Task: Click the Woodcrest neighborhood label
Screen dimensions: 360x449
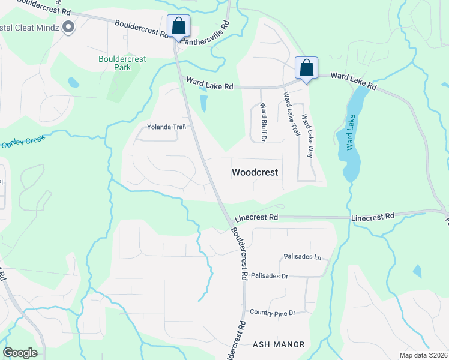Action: (255, 172)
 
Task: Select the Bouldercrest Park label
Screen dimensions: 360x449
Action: (115, 63)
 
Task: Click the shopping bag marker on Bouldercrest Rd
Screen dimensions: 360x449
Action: (178, 26)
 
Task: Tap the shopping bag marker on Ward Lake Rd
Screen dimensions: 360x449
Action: (306, 68)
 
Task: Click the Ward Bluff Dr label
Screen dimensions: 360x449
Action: (263, 122)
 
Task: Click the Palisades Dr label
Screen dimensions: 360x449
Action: (270, 276)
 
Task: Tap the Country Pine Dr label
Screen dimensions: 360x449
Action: (273, 313)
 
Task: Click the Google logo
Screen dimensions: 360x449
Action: (20, 353)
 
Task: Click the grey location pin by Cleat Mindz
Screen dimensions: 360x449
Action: (68, 26)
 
